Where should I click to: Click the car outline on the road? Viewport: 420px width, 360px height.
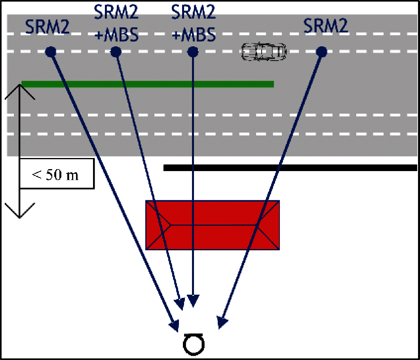264,51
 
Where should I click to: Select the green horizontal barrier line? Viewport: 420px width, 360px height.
148,84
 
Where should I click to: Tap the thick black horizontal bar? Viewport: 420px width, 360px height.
290,168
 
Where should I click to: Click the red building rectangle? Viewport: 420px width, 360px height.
213,225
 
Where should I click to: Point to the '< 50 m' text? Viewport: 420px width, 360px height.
55,175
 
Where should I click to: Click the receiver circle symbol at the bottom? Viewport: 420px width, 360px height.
194,344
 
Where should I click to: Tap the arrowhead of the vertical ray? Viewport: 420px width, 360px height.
193,301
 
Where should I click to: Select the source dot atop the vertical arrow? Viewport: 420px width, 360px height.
193,52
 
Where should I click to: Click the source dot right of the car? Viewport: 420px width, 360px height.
321,52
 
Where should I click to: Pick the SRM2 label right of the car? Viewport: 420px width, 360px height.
325,26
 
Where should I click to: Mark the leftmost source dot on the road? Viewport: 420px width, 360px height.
51,52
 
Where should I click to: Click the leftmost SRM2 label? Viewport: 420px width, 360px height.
48,26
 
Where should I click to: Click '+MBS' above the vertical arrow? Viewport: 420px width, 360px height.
194,35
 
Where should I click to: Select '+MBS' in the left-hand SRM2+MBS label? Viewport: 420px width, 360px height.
116,35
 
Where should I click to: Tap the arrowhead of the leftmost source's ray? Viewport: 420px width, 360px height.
175,326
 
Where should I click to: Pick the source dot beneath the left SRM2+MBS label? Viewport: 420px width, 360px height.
116,52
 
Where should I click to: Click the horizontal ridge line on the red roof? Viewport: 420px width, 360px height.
214,225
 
